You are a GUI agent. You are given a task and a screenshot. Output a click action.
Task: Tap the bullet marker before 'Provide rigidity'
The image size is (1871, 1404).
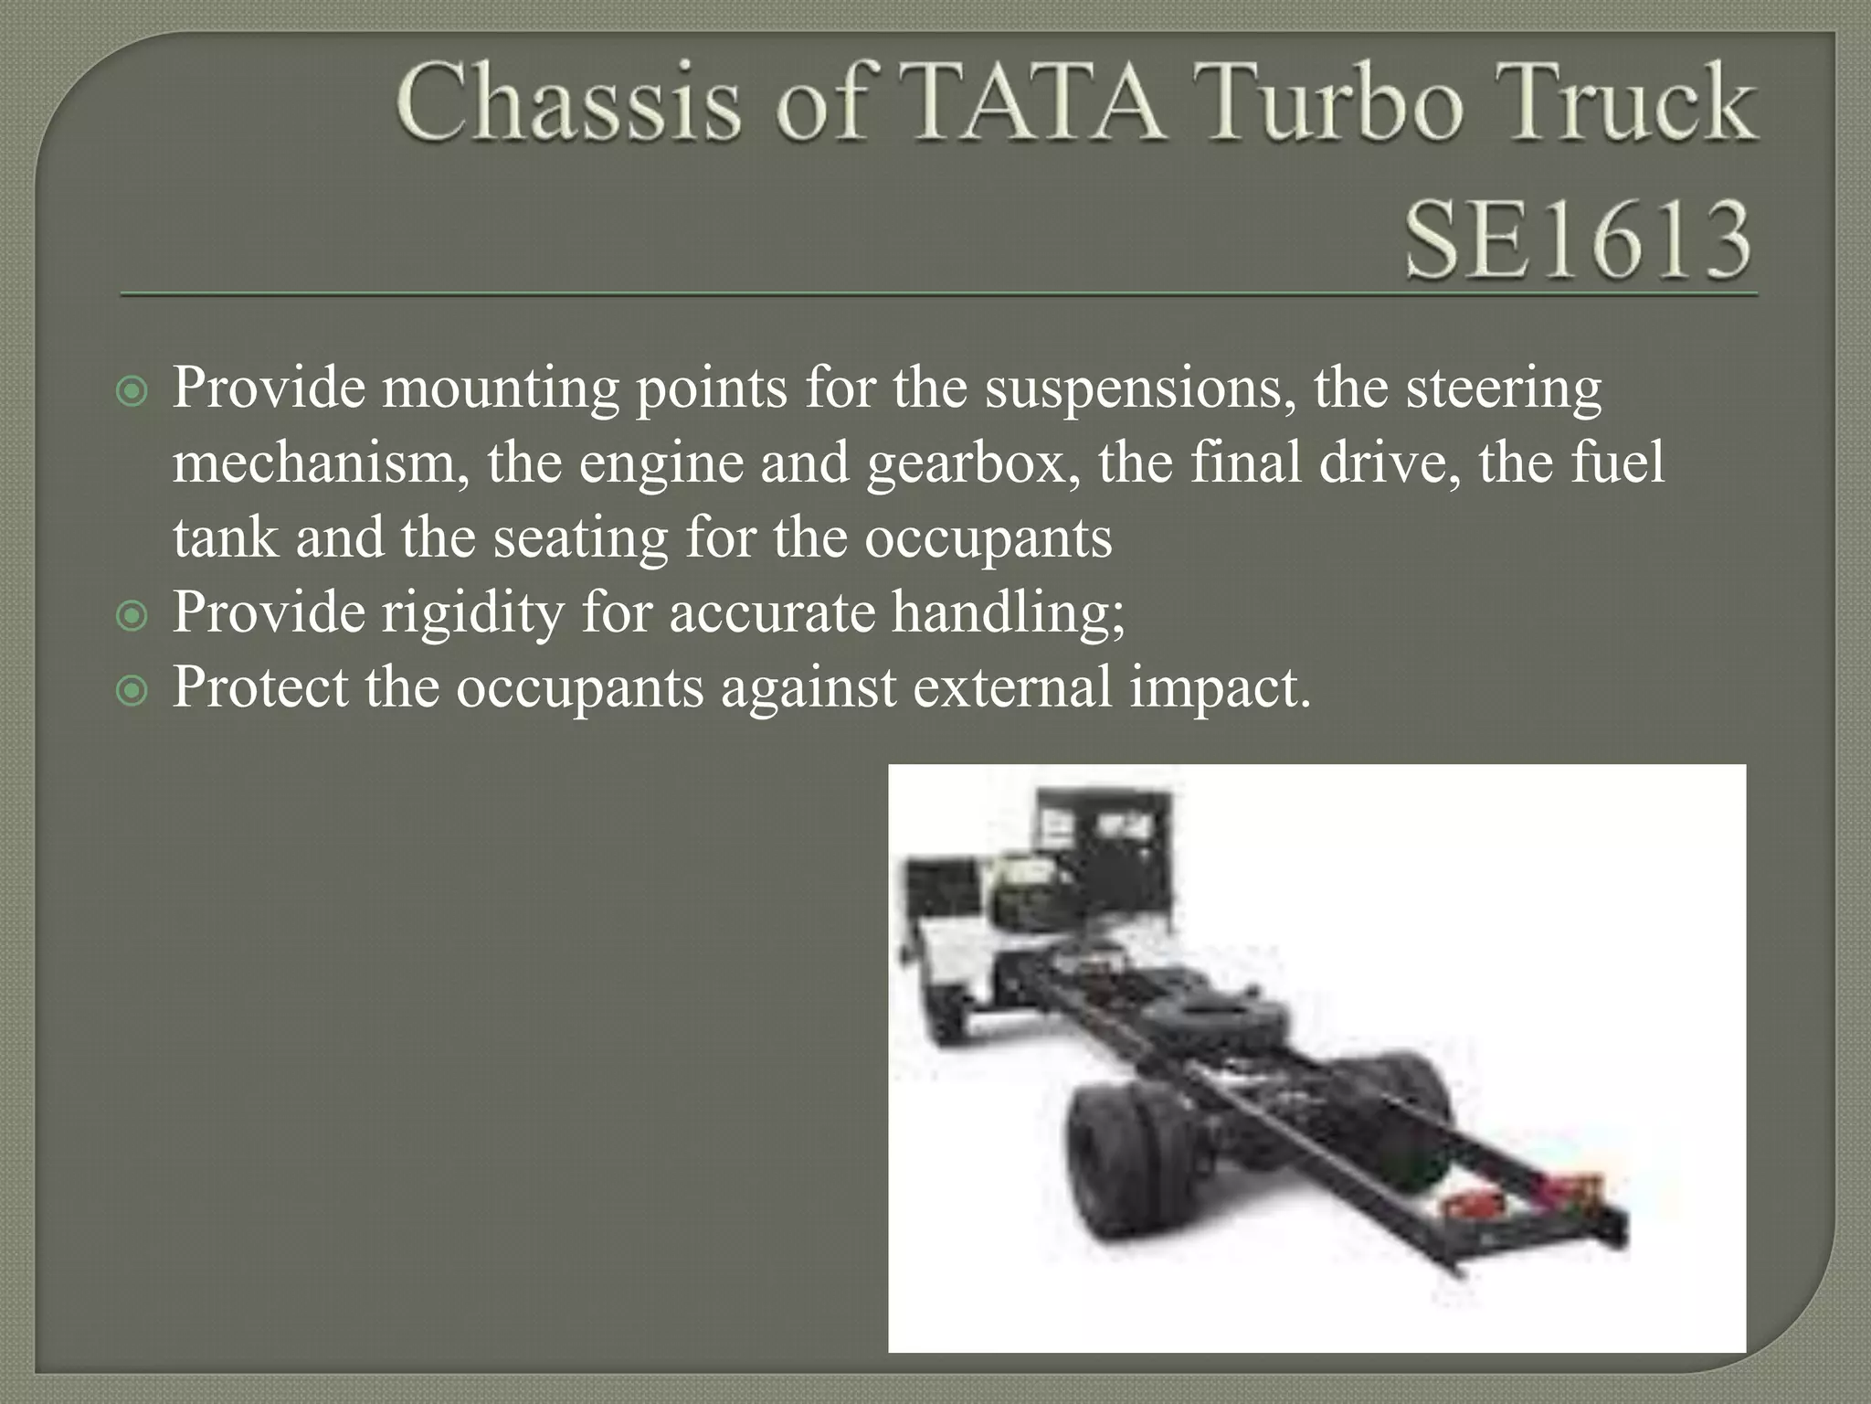pos(132,616)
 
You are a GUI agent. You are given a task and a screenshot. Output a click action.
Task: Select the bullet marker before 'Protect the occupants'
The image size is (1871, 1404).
pos(132,691)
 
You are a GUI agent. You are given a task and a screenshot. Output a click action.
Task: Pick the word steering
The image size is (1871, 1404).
pos(1503,389)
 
